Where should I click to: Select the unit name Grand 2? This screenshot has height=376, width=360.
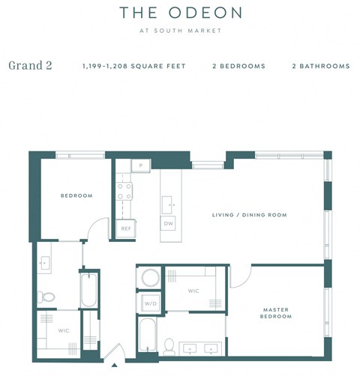click(30, 65)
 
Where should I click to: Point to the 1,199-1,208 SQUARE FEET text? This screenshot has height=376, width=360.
click(133, 66)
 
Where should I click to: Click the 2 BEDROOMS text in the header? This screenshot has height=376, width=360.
click(238, 66)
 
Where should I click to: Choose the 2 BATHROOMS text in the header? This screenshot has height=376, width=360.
click(320, 66)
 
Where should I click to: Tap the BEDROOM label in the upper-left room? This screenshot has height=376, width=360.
click(76, 195)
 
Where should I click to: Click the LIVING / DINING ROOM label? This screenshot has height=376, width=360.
click(249, 215)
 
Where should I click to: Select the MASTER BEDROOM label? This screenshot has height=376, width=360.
click(276, 312)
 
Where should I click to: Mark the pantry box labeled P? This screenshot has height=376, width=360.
click(140, 166)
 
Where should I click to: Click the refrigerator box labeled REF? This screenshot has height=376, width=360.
click(125, 229)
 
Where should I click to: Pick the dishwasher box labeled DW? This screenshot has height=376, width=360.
click(169, 223)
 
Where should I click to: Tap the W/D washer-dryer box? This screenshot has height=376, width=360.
click(149, 303)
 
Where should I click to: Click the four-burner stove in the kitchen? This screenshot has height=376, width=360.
click(124, 192)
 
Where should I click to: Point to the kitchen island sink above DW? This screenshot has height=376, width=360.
click(169, 202)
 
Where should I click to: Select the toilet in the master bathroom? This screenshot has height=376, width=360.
click(169, 345)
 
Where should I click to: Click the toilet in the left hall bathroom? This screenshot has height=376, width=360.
click(46, 297)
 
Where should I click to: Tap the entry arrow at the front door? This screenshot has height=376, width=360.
click(114, 365)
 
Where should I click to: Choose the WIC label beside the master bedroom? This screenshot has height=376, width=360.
click(193, 291)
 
